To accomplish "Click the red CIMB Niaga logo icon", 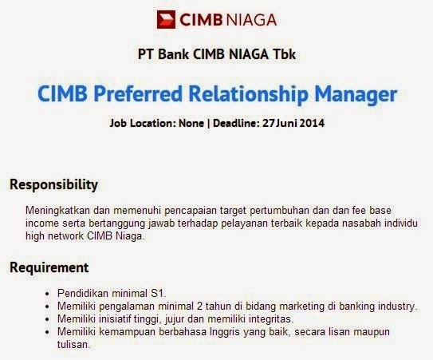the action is pyautogui.click(x=166, y=19).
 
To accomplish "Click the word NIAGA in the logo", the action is pyautogui.click(x=251, y=20).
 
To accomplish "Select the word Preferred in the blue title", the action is pyautogui.click(x=138, y=94).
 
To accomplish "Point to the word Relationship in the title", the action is pyautogui.click(x=249, y=94).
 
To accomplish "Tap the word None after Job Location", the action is pyautogui.click(x=191, y=123).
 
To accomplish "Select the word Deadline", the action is pyautogui.click(x=236, y=123).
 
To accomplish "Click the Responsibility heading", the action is pyautogui.click(x=54, y=184).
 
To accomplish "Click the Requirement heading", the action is pyautogui.click(x=49, y=267).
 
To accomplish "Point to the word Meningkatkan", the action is pyautogui.click(x=57, y=211).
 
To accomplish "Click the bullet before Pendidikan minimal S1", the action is pyautogui.click(x=48, y=294).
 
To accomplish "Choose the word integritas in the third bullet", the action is pyautogui.click(x=271, y=319).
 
